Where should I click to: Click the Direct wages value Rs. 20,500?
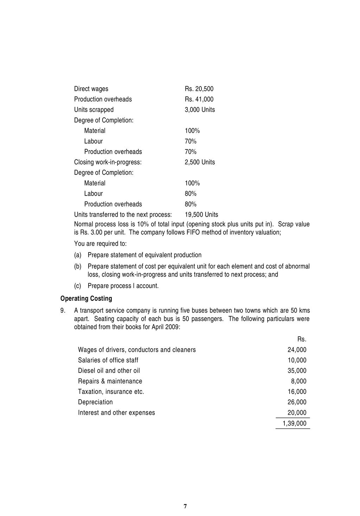pyautogui.click(x=199, y=89)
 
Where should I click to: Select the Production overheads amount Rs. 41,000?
pyautogui.click(x=199, y=100)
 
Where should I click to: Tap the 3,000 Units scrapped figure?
pyautogui.click(x=200, y=110)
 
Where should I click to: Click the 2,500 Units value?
pyautogui.click(x=200, y=162)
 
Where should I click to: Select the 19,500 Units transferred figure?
pyautogui.click(x=201, y=215)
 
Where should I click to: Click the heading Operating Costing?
pyautogui.click(x=86, y=299)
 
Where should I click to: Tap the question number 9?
pyautogui.click(x=63, y=311)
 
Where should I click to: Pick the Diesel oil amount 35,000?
pyautogui.click(x=297, y=371)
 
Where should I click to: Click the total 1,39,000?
pyautogui.click(x=295, y=423)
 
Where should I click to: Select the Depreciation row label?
pyautogui.click(x=95, y=402)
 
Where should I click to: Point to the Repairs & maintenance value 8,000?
pyautogui.click(x=298, y=381)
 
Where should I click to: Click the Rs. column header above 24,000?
pyautogui.click(x=302, y=339)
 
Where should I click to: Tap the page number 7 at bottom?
pyautogui.click(x=185, y=507)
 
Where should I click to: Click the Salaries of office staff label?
pyautogui.click(x=108, y=360)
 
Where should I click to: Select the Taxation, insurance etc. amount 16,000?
pyautogui.click(x=297, y=392)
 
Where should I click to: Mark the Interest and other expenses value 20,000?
pyautogui.click(x=297, y=413)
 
